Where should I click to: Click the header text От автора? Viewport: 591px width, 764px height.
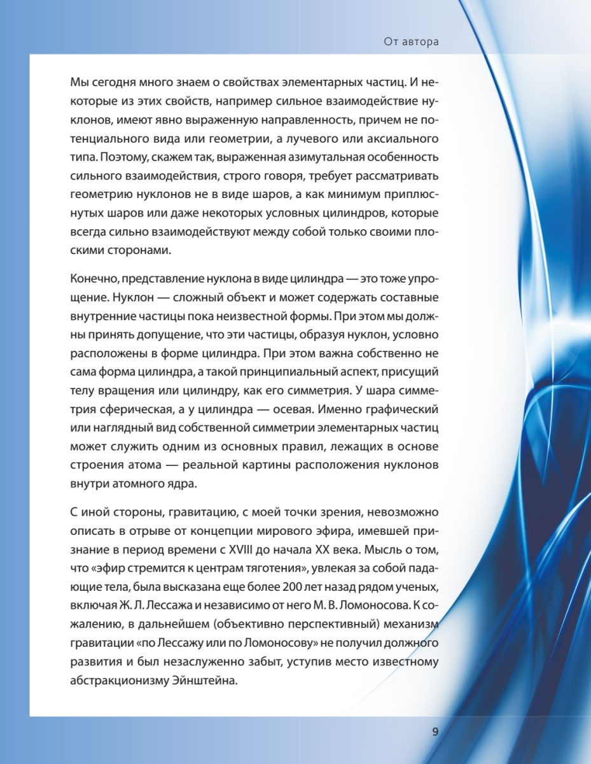(411, 42)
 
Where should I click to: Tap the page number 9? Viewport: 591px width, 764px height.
(435, 732)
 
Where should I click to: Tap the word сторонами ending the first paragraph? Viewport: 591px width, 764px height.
(141, 250)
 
